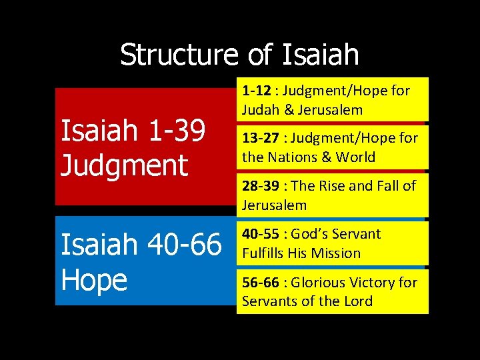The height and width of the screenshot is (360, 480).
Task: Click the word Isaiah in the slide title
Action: click(321, 55)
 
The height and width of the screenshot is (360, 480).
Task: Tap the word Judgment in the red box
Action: click(124, 165)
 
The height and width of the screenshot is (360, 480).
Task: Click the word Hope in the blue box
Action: click(94, 280)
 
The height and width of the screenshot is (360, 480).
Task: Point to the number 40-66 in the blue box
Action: click(188, 245)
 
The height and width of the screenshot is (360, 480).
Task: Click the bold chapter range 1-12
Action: click(256, 91)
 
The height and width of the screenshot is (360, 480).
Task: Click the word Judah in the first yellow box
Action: click(261, 110)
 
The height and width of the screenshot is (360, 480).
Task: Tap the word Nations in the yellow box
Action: click(293, 158)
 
